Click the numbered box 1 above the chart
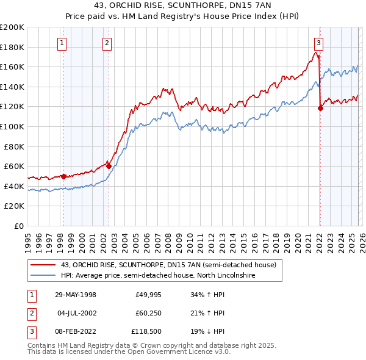63,43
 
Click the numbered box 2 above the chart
107,43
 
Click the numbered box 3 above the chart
318,43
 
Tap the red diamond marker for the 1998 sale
63,176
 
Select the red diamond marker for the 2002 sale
109,165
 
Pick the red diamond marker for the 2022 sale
320,108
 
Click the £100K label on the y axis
12,126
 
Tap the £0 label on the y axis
18,226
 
